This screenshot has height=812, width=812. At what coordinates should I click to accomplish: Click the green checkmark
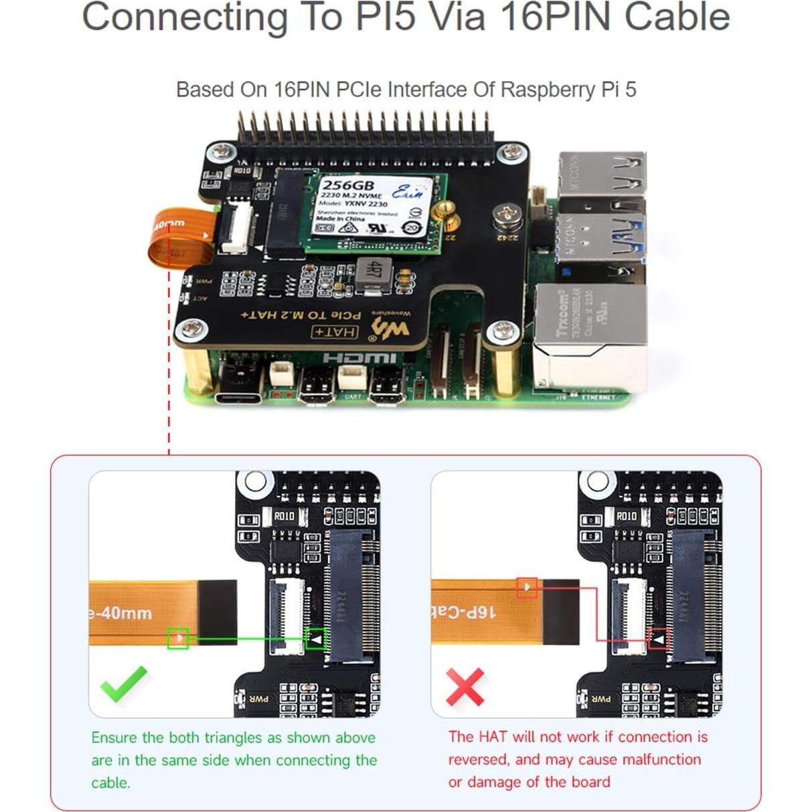(123, 683)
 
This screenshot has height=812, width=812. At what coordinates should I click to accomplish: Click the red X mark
(465, 687)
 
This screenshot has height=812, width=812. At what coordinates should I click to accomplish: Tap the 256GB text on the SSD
(348, 185)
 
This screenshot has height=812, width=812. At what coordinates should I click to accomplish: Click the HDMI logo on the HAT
(359, 357)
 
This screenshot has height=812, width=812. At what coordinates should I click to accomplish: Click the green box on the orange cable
(177, 639)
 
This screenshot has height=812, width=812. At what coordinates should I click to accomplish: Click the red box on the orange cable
(527, 588)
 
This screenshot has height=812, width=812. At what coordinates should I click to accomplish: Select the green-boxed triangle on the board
(315, 639)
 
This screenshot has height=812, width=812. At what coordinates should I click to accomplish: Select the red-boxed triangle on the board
(659, 639)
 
